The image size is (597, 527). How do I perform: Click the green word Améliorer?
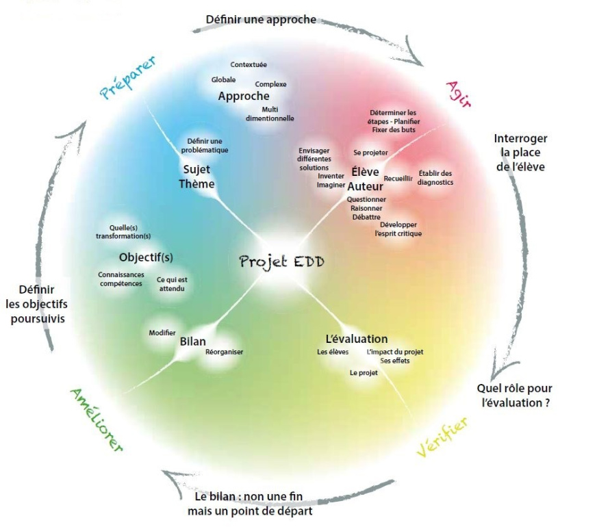click(96, 420)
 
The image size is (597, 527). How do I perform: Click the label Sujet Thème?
click(197, 177)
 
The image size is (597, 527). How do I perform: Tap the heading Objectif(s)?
click(145, 257)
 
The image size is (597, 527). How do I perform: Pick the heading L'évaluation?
click(356, 339)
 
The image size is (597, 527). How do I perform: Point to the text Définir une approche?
click(261, 20)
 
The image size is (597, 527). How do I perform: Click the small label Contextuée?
click(249, 65)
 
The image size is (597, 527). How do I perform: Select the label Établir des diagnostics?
click(435, 177)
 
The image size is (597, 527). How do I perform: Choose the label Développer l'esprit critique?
click(398, 229)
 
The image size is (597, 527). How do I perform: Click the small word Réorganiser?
click(224, 352)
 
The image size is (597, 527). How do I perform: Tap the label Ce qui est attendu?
click(170, 284)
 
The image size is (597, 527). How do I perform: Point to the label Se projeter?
click(370, 152)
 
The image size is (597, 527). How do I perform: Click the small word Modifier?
click(162, 333)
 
